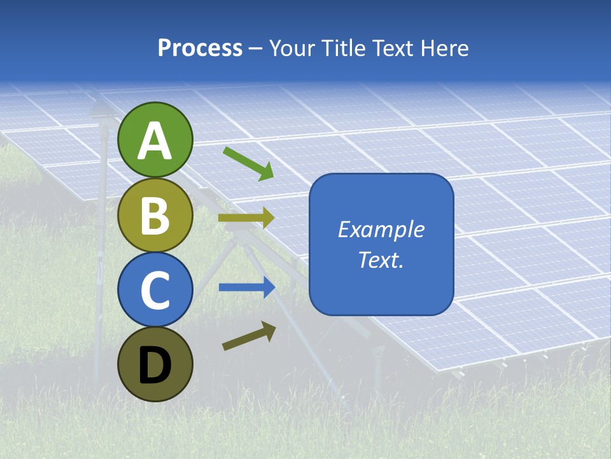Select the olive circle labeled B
155,215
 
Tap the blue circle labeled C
155,290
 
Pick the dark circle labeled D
155,365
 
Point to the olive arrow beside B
246,218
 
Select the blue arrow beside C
247,288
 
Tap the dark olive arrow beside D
249,336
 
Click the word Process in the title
200,48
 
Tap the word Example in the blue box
381,230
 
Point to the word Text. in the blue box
381,260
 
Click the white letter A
155,141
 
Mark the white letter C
155,290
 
